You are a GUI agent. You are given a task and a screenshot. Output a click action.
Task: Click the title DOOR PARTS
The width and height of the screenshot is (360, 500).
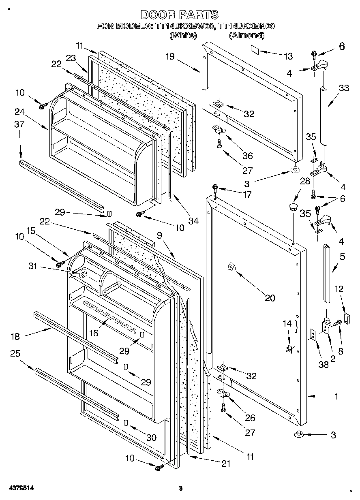pos(179,15)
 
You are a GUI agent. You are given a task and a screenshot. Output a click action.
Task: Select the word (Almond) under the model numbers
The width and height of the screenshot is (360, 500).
pos(246,36)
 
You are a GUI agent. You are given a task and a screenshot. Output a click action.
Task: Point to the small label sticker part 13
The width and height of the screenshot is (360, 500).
pos(254,50)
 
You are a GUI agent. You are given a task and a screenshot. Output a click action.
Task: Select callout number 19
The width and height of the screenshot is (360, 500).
pos(169,56)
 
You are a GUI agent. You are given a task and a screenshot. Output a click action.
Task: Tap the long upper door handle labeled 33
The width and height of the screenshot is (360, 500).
pos(324,114)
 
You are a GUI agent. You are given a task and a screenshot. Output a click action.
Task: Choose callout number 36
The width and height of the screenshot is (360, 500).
pos(247,155)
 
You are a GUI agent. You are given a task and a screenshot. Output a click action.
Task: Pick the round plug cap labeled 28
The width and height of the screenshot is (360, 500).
pos(292,208)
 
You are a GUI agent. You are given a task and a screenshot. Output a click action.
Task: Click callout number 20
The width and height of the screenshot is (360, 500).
pos(270,298)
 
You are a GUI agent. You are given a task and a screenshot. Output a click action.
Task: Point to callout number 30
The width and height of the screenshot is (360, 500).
pos(151,437)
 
